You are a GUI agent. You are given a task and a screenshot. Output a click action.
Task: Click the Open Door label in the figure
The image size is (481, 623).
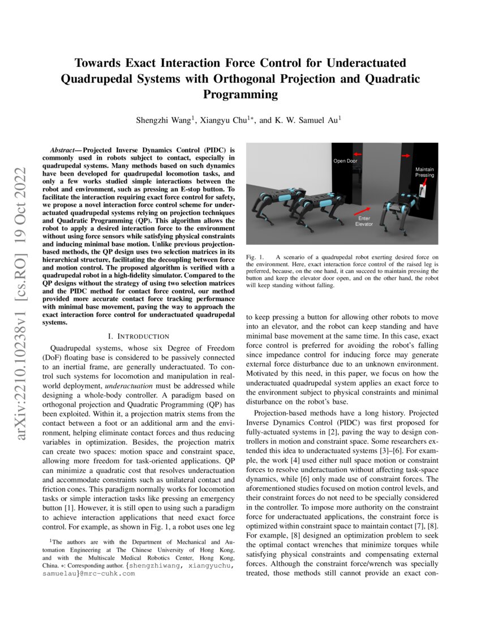click(346, 161)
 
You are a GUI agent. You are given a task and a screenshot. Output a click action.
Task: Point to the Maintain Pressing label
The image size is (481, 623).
click(424, 172)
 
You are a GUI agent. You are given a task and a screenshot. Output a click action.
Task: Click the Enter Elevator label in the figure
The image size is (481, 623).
click(364, 221)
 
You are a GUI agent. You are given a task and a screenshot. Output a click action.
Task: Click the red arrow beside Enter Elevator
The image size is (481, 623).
click(363, 211)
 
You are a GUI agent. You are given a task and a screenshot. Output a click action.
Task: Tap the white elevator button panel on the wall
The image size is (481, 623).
click(422, 193)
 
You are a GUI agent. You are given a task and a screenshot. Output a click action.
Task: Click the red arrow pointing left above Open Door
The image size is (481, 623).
click(357, 153)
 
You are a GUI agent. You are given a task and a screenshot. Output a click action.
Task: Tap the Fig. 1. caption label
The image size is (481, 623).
click(255, 258)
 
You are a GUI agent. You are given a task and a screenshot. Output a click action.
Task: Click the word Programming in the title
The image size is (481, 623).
click(240, 94)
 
